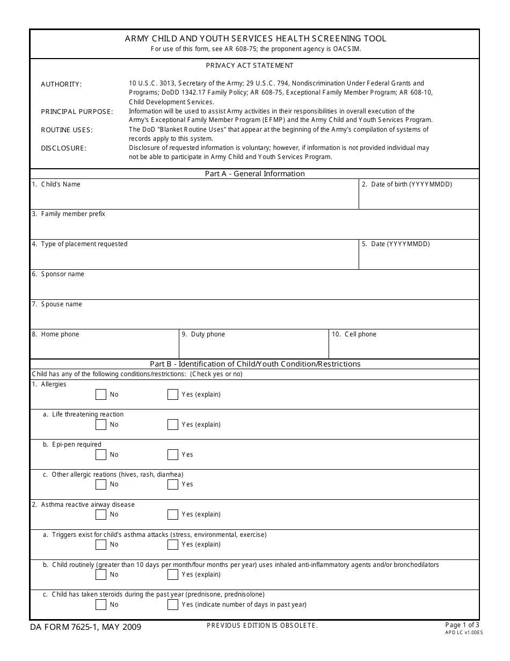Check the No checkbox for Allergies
coord(101,394)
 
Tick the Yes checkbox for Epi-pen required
coord(172,455)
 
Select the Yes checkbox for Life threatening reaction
coord(172,425)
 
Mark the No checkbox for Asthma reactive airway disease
coord(101,514)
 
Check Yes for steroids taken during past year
coord(172,605)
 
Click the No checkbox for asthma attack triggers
coord(101,544)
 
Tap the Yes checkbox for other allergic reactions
coord(172,484)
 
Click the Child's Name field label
coord(60,184)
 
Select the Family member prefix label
coord(72,214)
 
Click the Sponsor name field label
coord(62,274)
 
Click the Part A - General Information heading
coord(254,174)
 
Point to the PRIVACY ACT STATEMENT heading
coord(250,66)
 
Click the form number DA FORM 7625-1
coord(70,627)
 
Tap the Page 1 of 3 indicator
coord(463,624)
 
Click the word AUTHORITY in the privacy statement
coord(61,84)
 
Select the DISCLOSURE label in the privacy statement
coord(63,148)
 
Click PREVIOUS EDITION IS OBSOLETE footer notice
coord(262,626)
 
